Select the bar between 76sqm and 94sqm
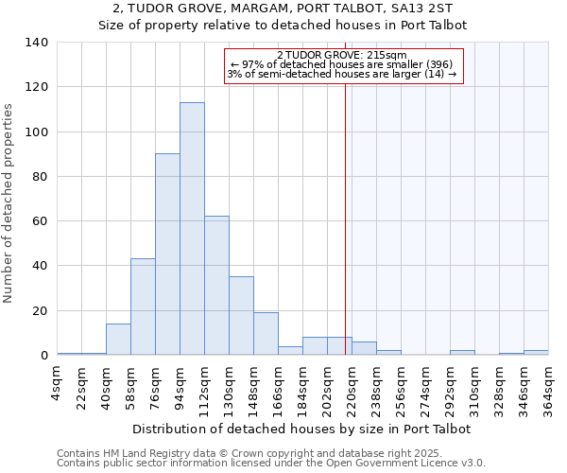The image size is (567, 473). coord(167,254)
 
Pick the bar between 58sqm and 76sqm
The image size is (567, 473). coord(143,307)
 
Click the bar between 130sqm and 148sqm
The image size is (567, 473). coord(241,316)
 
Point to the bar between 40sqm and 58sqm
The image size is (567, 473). coord(118,339)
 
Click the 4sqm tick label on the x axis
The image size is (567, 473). coord(58,386)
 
